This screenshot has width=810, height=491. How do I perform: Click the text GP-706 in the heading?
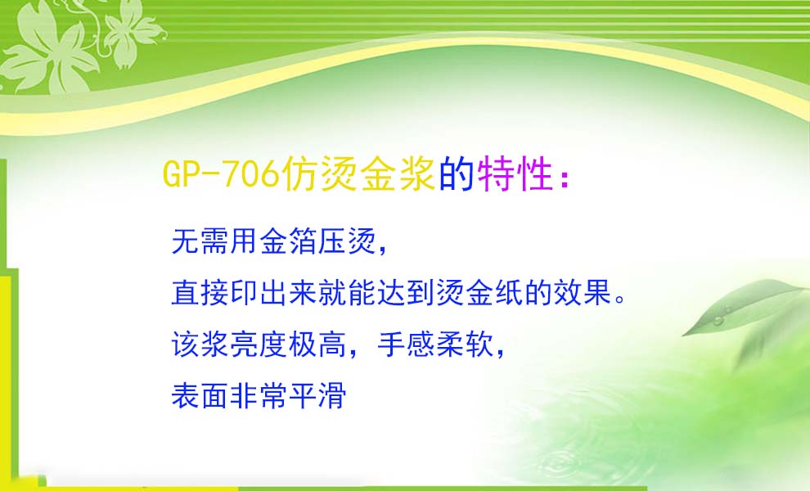(221, 173)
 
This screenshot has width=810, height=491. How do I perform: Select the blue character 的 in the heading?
(457, 173)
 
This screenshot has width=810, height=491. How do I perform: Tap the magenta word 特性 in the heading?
(515, 173)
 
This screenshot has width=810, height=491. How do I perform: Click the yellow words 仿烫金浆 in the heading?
(359, 173)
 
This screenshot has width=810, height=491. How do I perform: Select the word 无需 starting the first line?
(200, 241)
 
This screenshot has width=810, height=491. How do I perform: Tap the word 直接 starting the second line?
(200, 292)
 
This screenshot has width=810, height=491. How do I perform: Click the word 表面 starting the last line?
(200, 396)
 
